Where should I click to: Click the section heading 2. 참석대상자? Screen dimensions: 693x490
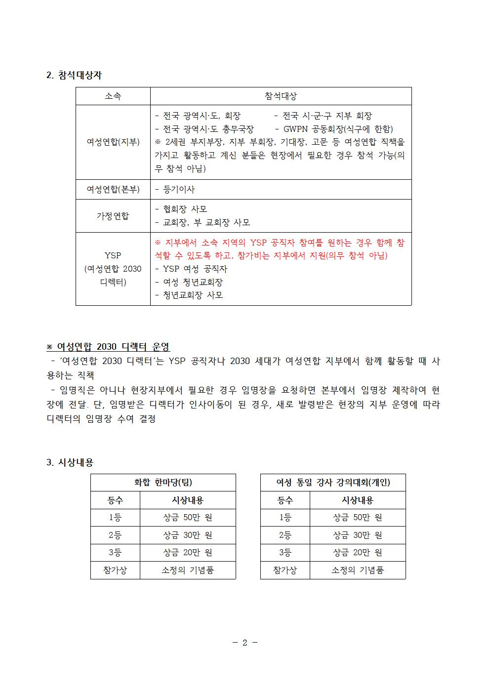pyautogui.click(x=74, y=75)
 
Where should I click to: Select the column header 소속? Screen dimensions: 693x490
pyautogui.click(x=113, y=96)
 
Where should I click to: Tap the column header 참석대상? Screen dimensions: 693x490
pyautogui.click(x=281, y=96)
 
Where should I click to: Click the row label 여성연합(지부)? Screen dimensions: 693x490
pyautogui.click(x=113, y=142)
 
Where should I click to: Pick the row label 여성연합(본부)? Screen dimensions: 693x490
pyautogui.click(x=113, y=189)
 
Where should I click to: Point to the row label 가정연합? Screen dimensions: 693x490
pyautogui.click(x=113, y=216)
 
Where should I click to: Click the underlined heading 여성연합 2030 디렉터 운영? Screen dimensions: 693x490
pyautogui.click(x=114, y=347)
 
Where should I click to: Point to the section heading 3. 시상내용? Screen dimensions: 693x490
pyautogui.click(x=70, y=462)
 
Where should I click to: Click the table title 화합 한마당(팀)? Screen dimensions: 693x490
pyautogui.click(x=163, y=483)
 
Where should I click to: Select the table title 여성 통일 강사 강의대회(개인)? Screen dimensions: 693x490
pyautogui.click(x=333, y=483)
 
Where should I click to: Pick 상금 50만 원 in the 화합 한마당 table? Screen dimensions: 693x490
pyautogui.click(x=188, y=518)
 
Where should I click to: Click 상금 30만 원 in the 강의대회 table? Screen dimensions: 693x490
pyautogui.click(x=358, y=535)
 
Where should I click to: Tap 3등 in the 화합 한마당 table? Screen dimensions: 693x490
pyautogui.click(x=115, y=553)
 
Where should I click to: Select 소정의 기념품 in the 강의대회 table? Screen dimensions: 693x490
pyautogui.click(x=358, y=570)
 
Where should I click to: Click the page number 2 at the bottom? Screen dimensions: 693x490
pyautogui.click(x=245, y=643)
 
